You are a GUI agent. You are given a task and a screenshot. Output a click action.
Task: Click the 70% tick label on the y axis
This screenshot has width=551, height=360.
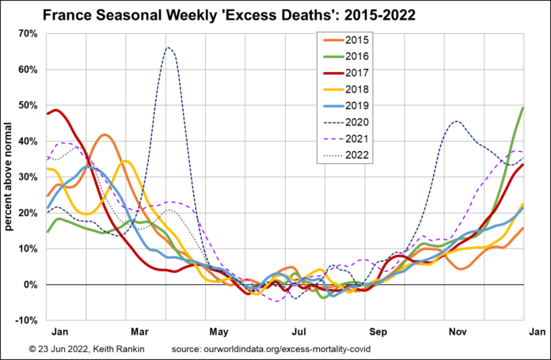[x=28, y=34]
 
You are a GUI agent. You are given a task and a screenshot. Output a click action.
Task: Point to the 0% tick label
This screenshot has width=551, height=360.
[x=31, y=285]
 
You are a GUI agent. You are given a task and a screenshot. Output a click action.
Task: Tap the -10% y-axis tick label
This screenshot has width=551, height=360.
[x=26, y=320]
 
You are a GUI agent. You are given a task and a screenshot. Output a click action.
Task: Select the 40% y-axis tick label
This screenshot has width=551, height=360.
[x=28, y=142]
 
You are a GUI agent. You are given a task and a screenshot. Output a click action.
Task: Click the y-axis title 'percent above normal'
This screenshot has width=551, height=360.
[x=10, y=177]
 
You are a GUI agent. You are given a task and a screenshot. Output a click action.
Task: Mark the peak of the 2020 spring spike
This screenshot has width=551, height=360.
[x=169, y=47]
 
